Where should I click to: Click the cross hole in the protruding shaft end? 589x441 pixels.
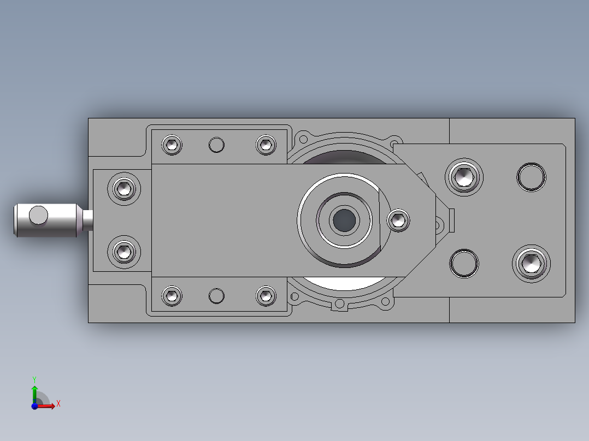pos(38,216)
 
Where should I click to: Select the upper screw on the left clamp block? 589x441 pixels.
pos(125,189)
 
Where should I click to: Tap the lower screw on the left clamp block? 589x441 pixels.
pos(125,252)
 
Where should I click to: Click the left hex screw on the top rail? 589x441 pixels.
pos(172,145)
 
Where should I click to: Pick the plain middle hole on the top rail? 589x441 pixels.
pos(217,145)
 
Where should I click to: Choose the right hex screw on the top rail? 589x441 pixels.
pos(266,145)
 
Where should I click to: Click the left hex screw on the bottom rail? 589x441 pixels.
pos(172,295)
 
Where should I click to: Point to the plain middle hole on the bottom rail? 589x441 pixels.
pos(217,295)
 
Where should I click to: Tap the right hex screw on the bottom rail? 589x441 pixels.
pos(266,295)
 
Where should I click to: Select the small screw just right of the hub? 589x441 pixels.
pos(398,220)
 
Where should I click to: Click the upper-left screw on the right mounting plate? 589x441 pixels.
pos(464,176)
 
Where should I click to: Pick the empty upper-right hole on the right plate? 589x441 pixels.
pos(531,176)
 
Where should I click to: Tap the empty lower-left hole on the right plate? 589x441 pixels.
pos(464,264)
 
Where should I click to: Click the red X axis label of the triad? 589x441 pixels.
pos(58,404)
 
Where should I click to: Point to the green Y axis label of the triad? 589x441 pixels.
pos(34,379)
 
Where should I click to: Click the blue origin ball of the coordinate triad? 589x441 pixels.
pos(34,406)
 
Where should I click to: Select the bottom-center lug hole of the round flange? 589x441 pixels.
pos(340,304)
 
